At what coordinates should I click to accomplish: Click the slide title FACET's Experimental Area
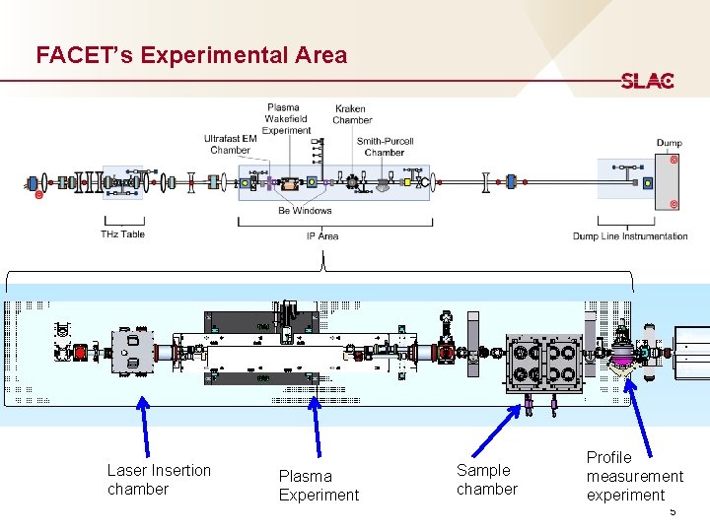pos(191,55)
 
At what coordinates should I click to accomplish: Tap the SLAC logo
pos(647,81)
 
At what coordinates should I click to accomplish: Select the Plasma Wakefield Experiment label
pos(286,118)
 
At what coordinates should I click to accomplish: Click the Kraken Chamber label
pos(351,114)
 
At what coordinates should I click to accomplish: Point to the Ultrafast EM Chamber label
pos(231,144)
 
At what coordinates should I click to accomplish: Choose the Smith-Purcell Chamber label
pos(384,147)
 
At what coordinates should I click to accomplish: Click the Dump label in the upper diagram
pos(669,143)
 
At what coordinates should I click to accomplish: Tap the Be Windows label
pos(305,210)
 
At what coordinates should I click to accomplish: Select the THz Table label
pos(122,234)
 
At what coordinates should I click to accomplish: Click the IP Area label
pos(322,236)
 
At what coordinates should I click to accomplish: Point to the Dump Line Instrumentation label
pos(630,236)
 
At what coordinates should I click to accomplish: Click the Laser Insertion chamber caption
pos(158,480)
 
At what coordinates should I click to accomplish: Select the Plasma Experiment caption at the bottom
pos(319,486)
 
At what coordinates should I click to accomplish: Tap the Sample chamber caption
pos(486,480)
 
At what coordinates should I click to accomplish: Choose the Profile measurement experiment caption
pos(633,476)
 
